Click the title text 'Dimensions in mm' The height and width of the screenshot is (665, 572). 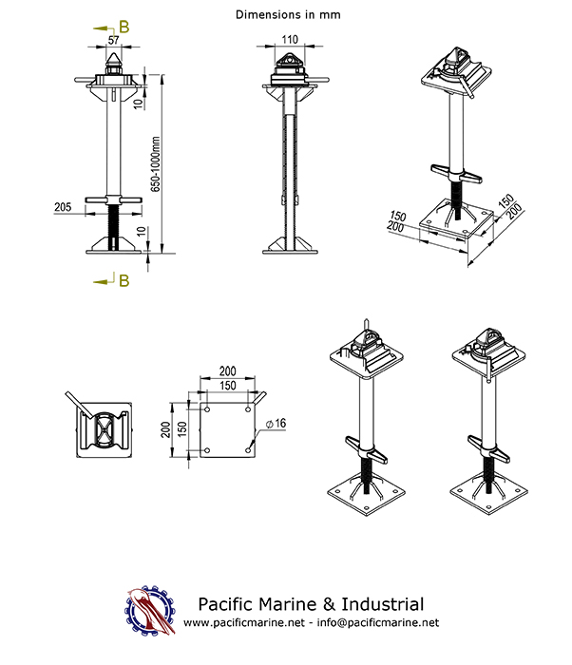pyautogui.click(x=286, y=15)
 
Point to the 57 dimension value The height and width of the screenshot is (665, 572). pyautogui.click(x=113, y=41)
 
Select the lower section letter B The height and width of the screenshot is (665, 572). pyautogui.click(x=124, y=279)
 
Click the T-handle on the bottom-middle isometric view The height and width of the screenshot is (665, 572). pyautogui.click(x=364, y=446)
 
